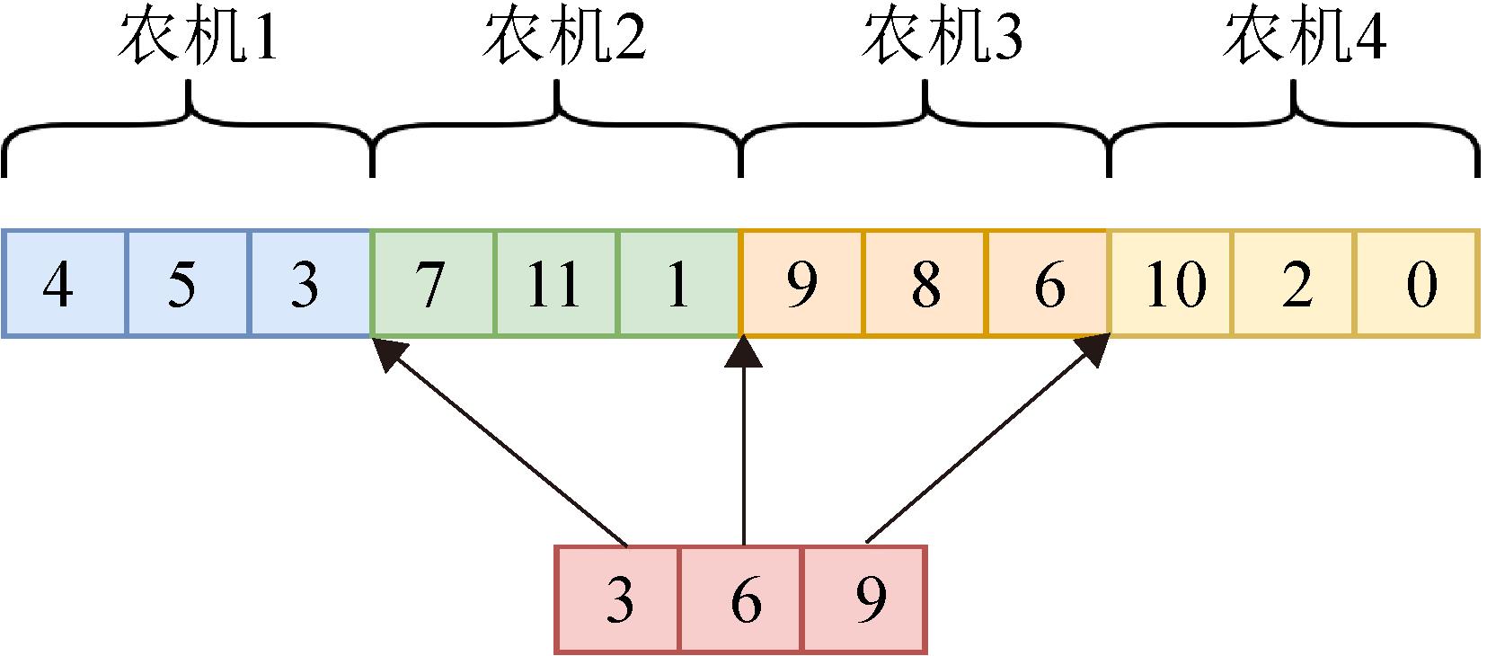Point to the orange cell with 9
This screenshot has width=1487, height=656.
pos(801,284)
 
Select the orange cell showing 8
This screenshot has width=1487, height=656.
pos(925,284)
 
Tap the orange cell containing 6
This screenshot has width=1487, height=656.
pos(1048,284)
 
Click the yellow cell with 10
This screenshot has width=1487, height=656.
pos(1171,284)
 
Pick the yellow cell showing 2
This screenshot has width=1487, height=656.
pos(1294,284)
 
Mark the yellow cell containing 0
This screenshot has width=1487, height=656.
pos(1417,284)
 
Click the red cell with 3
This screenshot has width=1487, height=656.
pos(618,599)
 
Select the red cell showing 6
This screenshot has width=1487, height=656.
pos(742,599)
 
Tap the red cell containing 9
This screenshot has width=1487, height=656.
pos(864,599)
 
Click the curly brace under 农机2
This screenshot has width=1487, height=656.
pos(557,126)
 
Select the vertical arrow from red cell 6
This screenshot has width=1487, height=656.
pos(743,449)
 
